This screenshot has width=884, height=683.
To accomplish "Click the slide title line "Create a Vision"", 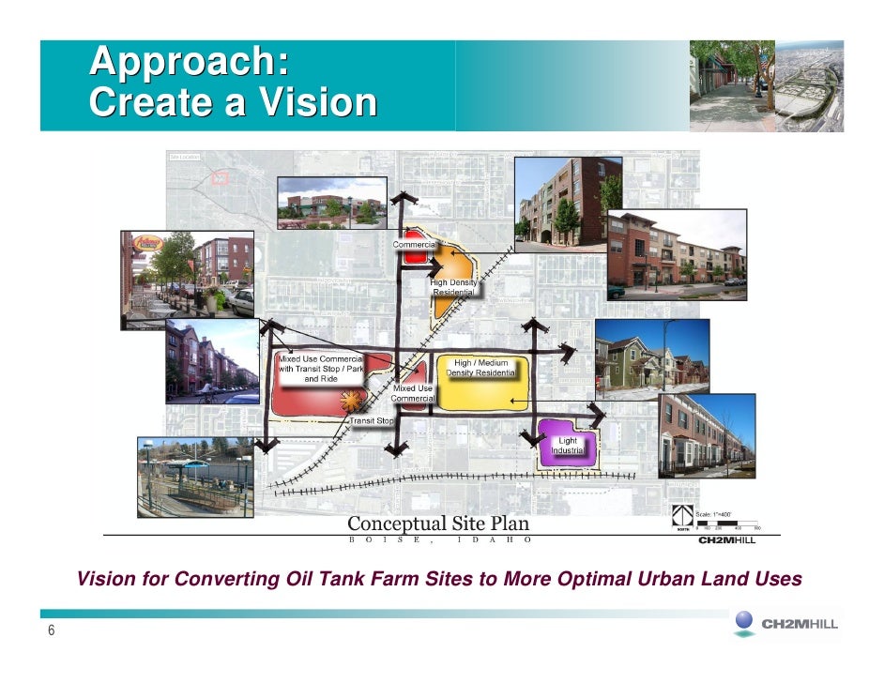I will pos(233,102).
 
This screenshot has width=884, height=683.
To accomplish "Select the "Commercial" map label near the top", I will pos(414,245).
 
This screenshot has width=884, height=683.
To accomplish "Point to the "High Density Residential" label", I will pos(455,287).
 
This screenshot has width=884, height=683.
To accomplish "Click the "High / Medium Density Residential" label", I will pos(480,369).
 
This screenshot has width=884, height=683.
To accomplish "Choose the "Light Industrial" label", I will pos(569,446).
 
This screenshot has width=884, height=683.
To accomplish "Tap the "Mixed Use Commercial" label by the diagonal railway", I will pos(413,393).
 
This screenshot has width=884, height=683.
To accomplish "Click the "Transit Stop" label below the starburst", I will pos(373,421).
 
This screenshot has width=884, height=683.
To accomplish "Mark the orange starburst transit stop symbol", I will pos(352,401).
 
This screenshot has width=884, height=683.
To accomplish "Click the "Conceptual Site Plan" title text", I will pos(438,524).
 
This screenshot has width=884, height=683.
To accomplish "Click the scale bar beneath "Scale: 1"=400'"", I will pos(727,525).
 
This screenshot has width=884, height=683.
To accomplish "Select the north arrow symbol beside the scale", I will pos(682,517).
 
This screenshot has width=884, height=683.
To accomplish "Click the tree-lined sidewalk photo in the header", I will pos(732,85).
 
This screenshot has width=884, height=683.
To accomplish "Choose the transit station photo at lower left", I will pos(195,477).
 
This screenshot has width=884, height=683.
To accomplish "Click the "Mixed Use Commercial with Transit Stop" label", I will pos(320,369).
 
